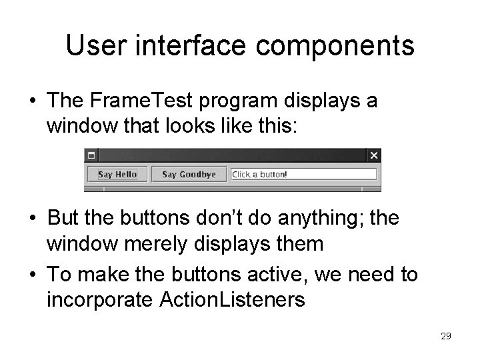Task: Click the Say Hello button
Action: coord(117,175)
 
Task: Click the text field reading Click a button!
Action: coord(303,175)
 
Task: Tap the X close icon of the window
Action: coord(374,155)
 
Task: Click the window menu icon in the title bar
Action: coord(91,155)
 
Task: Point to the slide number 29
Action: coord(445,337)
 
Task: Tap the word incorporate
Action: coord(101,300)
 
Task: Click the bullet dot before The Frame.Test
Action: coord(32,102)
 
